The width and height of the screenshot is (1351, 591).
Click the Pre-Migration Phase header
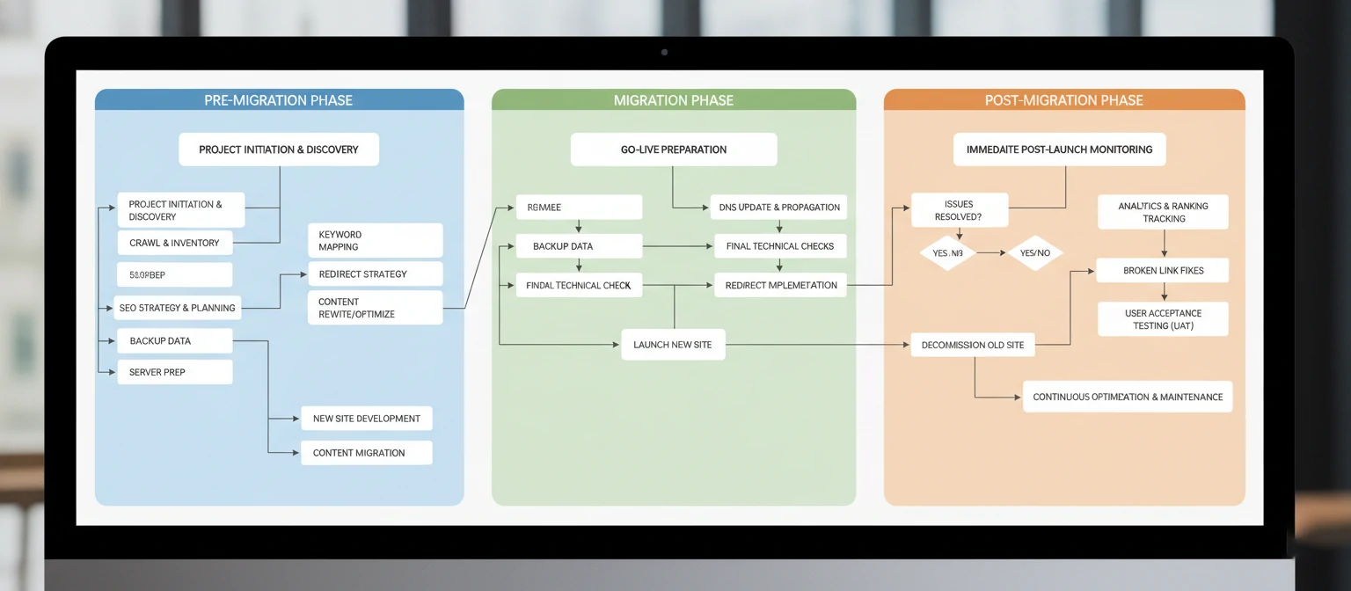tap(279, 100)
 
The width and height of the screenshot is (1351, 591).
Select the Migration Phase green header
tap(673, 100)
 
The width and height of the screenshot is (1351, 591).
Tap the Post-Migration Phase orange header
tap(1063, 100)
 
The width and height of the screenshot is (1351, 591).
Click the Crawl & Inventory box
tap(174, 243)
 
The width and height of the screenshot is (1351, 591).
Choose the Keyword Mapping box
tap(375, 240)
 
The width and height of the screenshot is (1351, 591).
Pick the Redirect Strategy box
tap(375, 274)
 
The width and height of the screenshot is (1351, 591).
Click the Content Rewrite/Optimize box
tap(375, 308)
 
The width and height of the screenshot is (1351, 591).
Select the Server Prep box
tap(174, 372)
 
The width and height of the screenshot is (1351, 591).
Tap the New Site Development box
tap(366, 419)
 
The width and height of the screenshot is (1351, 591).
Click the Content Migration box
tap(366, 453)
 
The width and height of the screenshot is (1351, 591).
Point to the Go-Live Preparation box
tap(673, 150)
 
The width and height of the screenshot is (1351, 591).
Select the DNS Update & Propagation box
tap(779, 208)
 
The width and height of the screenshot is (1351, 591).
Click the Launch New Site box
tap(673, 345)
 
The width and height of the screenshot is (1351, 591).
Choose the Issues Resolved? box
tap(959, 210)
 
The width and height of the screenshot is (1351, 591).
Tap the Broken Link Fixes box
tap(1163, 271)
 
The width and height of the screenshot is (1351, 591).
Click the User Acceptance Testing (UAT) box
tap(1163, 319)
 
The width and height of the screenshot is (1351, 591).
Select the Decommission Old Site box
tap(973, 345)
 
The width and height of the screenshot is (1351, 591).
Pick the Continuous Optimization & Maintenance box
tap(1128, 397)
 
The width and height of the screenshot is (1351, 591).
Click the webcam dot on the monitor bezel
tap(664, 52)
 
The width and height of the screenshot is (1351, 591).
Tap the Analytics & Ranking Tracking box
tap(1163, 212)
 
